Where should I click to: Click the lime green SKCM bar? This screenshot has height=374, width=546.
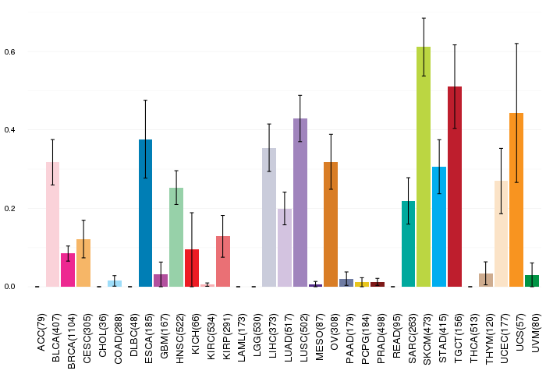[x=424, y=167]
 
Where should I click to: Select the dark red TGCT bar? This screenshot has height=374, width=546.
[x=455, y=186]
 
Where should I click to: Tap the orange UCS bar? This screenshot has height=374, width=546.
[x=516, y=199]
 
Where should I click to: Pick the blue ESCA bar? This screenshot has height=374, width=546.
[x=146, y=213]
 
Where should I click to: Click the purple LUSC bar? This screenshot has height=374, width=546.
[x=300, y=203]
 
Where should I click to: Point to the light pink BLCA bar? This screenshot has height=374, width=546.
[x=52, y=224]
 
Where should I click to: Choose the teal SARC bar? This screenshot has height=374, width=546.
[x=408, y=244]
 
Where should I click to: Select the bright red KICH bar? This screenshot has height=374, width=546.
[x=192, y=268]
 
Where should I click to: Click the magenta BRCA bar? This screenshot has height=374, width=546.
[x=68, y=270]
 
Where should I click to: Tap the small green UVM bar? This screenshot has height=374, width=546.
[x=532, y=280]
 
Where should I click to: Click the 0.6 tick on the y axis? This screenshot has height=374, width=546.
[x=9, y=52]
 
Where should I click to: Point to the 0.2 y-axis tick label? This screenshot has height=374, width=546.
[x=9, y=208]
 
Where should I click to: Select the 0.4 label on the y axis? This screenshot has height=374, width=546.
[x=9, y=130]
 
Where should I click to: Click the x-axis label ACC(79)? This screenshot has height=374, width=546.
[x=41, y=333]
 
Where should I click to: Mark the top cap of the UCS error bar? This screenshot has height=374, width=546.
[x=516, y=44]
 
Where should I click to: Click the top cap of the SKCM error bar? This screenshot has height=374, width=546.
[x=424, y=18]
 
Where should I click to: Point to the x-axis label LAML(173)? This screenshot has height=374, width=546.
[x=242, y=337]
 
